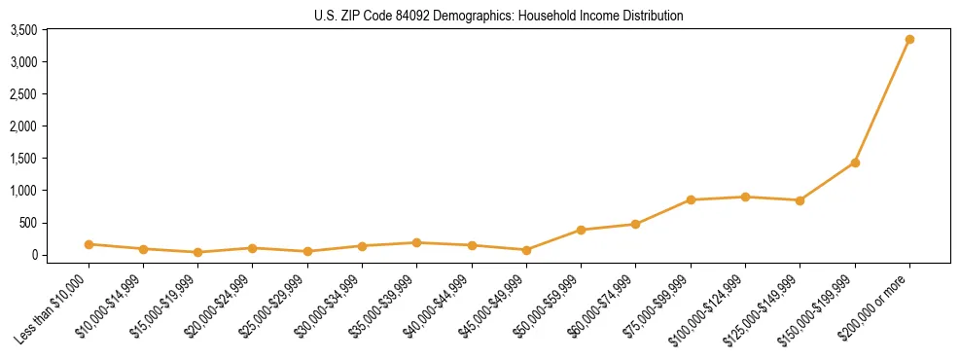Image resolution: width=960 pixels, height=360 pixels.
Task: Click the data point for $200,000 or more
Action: [x=909, y=40]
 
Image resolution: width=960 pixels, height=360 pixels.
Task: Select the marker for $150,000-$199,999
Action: [x=855, y=162]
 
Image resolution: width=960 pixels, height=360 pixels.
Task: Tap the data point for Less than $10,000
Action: [x=89, y=244]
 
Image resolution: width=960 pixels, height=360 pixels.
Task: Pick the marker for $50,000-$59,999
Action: [x=581, y=231]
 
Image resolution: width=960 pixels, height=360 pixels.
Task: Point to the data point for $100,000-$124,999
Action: [x=745, y=198]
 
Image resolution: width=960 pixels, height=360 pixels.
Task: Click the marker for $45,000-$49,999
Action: [x=526, y=250]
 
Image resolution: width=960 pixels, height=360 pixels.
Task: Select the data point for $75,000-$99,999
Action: [x=691, y=200]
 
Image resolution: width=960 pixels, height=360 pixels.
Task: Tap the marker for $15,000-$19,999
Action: [x=198, y=252]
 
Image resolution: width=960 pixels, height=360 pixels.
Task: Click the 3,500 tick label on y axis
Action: [x=23, y=31]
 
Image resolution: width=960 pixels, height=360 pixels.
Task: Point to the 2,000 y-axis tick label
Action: [x=23, y=126]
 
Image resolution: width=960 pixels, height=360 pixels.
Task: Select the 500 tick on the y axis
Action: [x=28, y=223]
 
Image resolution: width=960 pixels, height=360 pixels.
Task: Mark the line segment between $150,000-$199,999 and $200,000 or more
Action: [x=882, y=101]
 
